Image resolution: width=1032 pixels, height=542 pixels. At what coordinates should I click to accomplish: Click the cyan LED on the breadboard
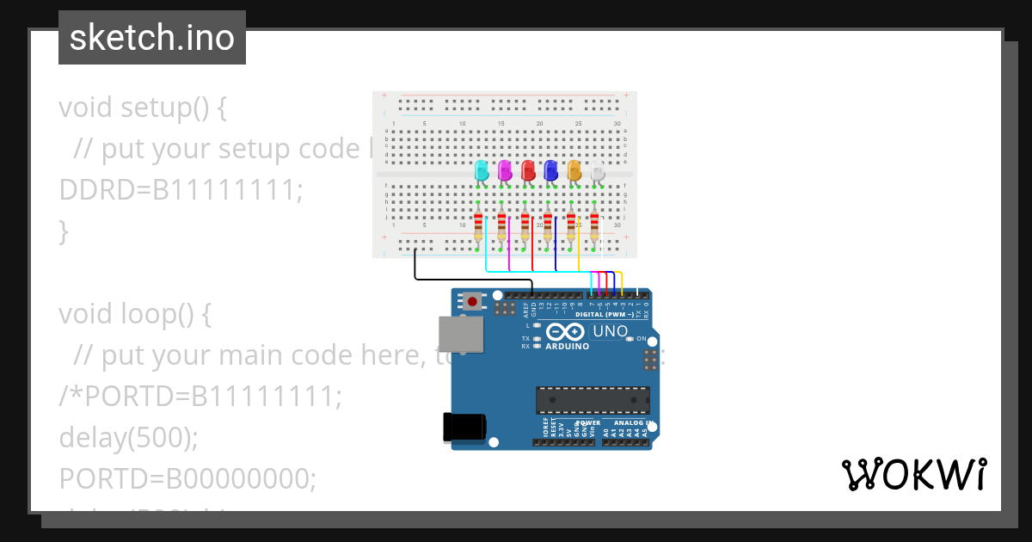[x=482, y=170]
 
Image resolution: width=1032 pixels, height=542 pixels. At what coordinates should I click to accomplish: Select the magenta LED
[x=505, y=170]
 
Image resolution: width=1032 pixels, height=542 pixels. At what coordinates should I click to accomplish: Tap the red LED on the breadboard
[x=528, y=170]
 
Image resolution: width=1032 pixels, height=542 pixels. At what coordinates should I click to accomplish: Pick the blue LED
[x=550, y=170]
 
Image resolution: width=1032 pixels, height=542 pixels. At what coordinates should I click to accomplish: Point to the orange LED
[x=574, y=170]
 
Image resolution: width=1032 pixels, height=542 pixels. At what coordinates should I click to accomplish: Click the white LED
[x=597, y=170]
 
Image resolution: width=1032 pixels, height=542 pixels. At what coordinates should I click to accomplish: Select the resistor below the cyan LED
[x=478, y=227]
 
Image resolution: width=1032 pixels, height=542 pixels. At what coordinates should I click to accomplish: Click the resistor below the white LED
[x=593, y=227]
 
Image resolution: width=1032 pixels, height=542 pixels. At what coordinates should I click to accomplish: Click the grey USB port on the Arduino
[x=461, y=335]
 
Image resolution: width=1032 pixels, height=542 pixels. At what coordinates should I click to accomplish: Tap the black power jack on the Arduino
[x=464, y=428]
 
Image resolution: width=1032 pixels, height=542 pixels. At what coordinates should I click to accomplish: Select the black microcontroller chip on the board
[x=593, y=400]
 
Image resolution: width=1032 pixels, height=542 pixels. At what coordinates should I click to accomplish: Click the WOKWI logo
[x=913, y=474]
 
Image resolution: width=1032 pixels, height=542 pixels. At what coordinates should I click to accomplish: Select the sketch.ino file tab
[x=152, y=38]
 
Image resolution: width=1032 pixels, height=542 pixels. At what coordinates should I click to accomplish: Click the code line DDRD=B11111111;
[x=181, y=190]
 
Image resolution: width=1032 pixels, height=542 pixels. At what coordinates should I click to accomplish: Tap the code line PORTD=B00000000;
[x=187, y=478]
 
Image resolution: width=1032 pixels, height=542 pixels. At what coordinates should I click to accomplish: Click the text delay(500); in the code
[x=128, y=438]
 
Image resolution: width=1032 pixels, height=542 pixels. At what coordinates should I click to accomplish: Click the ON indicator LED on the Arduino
[x=630, y=339]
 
